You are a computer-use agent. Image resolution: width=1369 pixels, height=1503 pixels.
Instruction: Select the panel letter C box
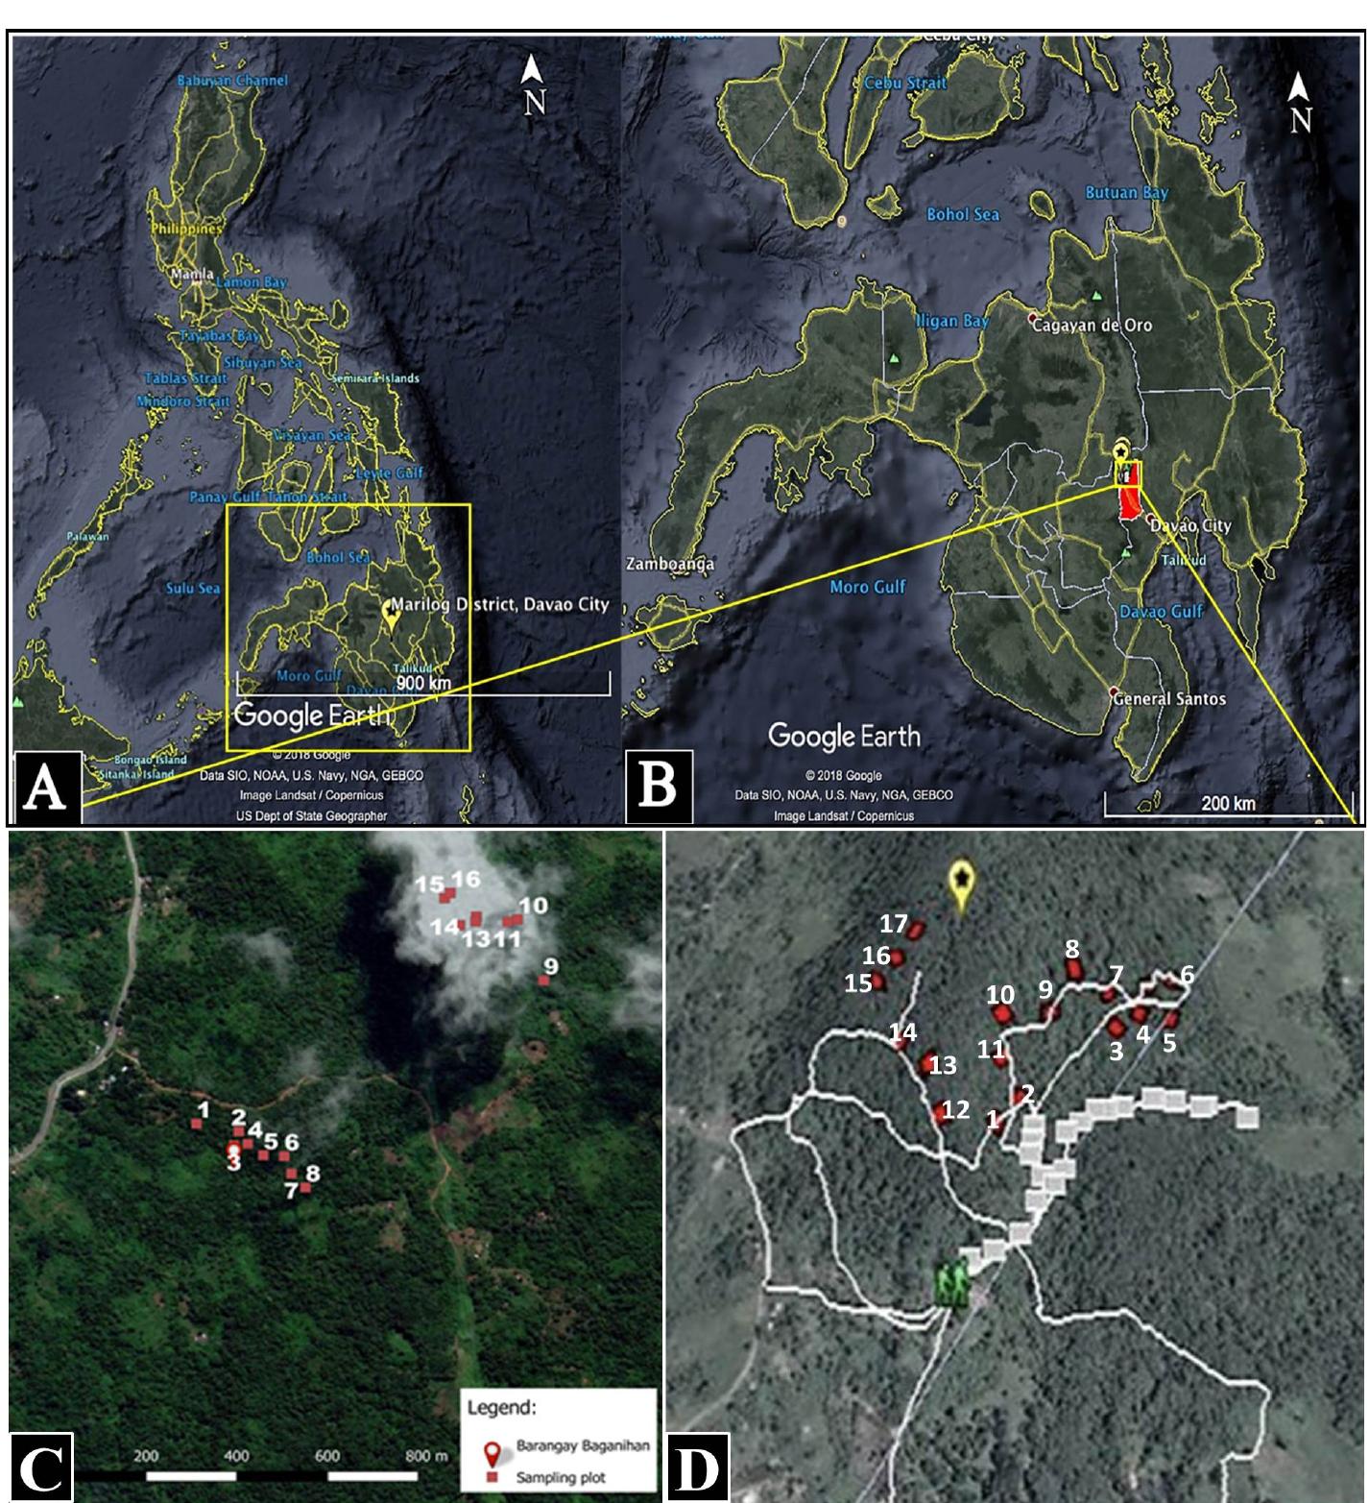[40, 1467]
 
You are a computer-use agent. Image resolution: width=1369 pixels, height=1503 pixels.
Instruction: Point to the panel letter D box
[696, 1467]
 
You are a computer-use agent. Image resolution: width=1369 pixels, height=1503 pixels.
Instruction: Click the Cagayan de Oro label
[1092, 326]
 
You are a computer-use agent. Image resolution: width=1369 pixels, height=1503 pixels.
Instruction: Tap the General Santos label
[1168, 698]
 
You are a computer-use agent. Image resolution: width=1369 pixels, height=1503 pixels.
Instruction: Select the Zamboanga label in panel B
[669, 564]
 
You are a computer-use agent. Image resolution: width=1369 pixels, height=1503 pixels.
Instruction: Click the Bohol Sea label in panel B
[963, 215]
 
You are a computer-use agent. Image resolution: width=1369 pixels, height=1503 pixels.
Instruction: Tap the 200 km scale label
[1228, 803]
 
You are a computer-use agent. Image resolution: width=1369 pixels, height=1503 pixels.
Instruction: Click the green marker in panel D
[951, 1284]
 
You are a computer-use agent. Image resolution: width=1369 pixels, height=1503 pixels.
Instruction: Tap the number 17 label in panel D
[893, 924]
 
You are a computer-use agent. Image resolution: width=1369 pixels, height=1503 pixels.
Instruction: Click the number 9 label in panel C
[550, 965]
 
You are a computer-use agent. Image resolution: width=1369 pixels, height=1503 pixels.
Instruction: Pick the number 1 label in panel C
[203, 1110]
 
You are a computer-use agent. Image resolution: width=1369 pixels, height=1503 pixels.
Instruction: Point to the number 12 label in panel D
[955, 1110]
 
